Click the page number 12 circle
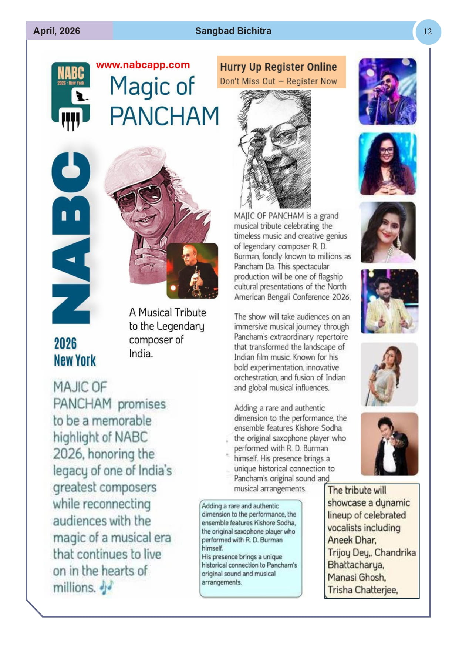point(427,32)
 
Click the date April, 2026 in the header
point(57,31)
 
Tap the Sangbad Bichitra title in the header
point(233,31)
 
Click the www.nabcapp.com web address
point(143,65)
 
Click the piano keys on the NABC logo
point(70,120)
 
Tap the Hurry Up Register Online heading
point(278,67)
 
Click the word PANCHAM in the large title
point(164,116)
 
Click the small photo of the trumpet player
point(192,271)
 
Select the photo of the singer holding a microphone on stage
point(388,91)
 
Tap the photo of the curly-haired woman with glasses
point(388,164)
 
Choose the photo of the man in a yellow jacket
point(389,301)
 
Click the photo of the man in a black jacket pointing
point(389,444)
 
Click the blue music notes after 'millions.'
point(107,587)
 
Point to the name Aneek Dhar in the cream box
point(352,540)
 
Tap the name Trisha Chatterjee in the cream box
point(362,590)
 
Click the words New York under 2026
point(75,360)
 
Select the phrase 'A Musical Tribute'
point(168,313)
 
